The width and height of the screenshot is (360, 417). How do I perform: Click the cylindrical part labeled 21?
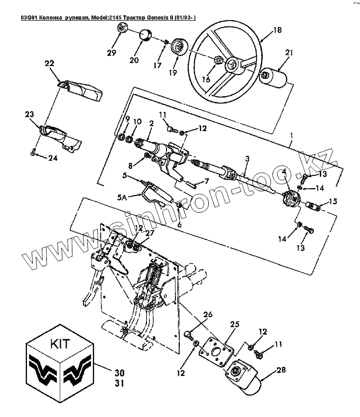point(276,78)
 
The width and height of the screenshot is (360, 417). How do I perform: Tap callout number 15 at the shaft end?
point(333,201)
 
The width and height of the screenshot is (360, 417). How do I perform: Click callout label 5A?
point(121,199)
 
